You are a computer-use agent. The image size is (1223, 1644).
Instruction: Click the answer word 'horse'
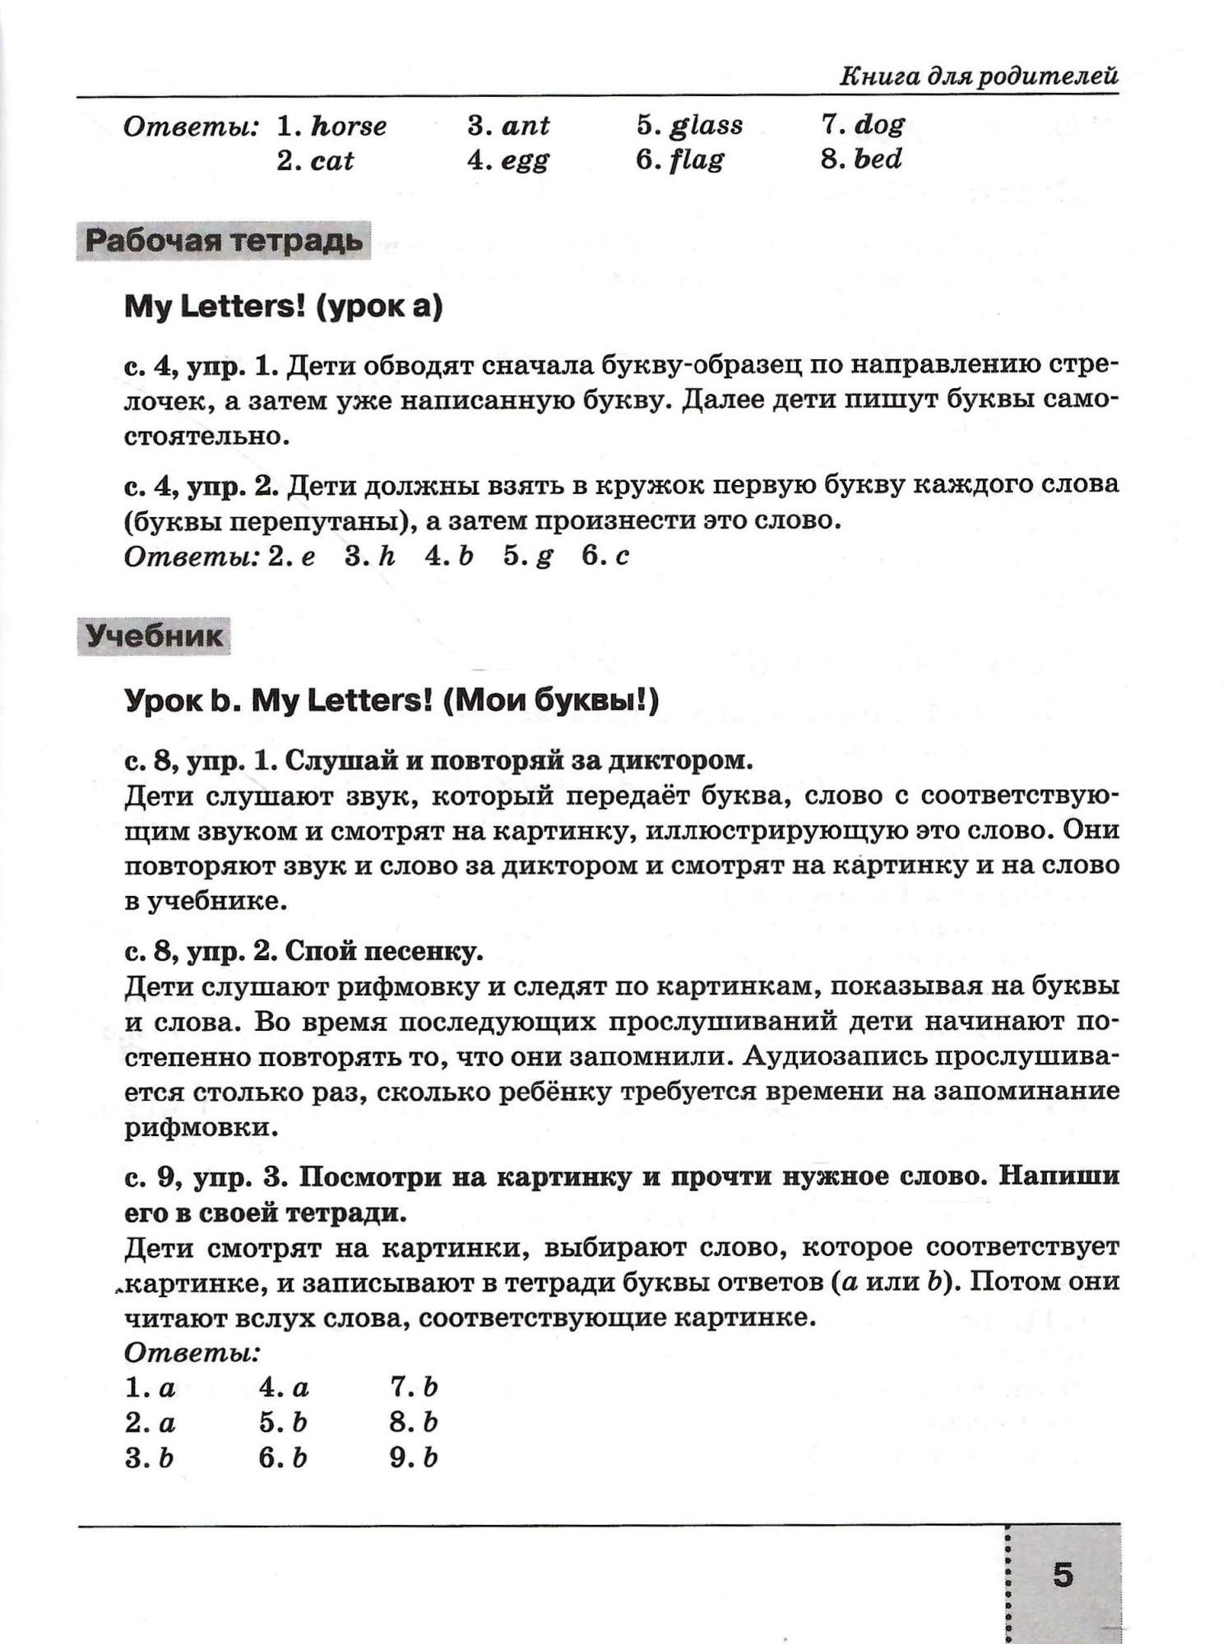pyautogui.click(x=349, y=126)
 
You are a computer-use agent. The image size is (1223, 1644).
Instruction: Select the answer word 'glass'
pyautogui.click(x=706, y=126)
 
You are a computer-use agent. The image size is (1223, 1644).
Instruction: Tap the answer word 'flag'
pyautogui.click(x=696, y=160)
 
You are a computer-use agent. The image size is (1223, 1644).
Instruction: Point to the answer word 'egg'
pyautogui.click(x=524, y=160)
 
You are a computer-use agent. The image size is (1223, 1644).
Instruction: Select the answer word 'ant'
pyautogui.click(x=525, y=126)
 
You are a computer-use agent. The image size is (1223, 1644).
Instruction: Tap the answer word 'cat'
pyautogui.click(x=332, y=160)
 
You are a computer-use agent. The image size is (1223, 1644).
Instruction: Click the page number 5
pyautogui.click(x=1063, y=1575)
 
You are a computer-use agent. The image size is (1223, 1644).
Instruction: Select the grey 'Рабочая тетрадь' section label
pyautogui.click(x=224, y=241)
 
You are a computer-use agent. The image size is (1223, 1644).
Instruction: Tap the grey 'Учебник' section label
pyautogui.click(x=154, y=636)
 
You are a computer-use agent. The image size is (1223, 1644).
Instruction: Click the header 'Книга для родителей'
pyautogui.click(x=978, y=77)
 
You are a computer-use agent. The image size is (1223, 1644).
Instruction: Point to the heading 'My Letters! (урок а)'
pyautogui.click(x=283, y=307)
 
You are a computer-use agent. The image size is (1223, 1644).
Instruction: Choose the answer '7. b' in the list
pyautogui.click(x=414, y=1388)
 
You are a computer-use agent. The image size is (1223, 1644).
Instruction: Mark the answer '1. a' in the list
pyautogui.click(x=151, y=1388)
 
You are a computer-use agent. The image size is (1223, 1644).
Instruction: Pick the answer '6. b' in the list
pyautogui.click(x=282, y=1457)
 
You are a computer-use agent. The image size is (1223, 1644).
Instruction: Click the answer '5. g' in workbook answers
pyautogui.click(x=528, y=556)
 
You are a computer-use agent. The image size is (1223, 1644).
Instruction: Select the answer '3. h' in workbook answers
pyautogui.click(x=370, y=556)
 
